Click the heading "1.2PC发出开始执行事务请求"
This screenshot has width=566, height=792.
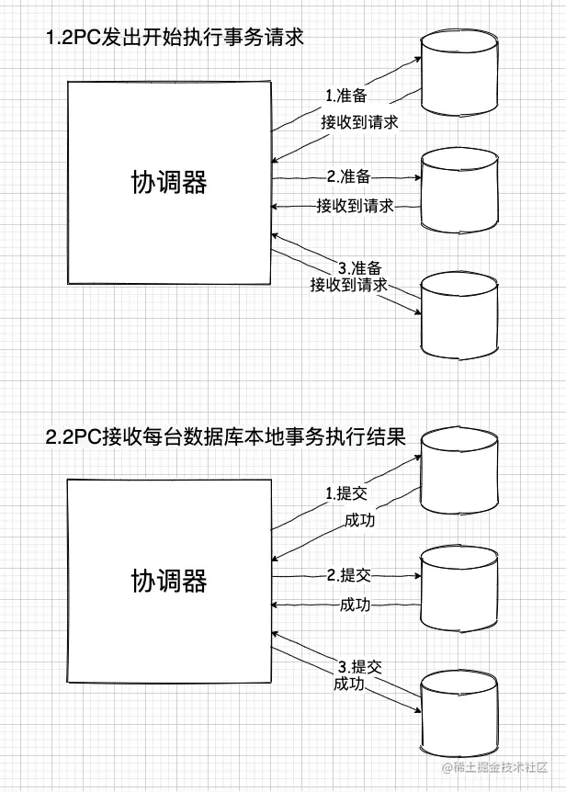coord(174,39)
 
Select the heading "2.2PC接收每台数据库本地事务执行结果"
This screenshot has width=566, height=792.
coord(224,436)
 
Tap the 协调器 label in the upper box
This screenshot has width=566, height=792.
coord(169,183)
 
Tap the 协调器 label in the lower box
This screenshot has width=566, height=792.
coord(169,581)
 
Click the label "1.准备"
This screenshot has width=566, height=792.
coord(345,96)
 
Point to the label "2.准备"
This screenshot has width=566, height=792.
coord(348,176)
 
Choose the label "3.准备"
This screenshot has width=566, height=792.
coord(353,268)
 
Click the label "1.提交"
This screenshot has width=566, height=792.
coord(345,493)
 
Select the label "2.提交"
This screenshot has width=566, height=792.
coord(348,575)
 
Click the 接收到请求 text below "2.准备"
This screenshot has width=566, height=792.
coord(355,205)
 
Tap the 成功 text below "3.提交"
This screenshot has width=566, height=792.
coord(348,685)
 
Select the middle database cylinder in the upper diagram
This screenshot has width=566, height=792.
coord(459,189)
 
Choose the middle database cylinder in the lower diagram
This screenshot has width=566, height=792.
coord(459,591)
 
